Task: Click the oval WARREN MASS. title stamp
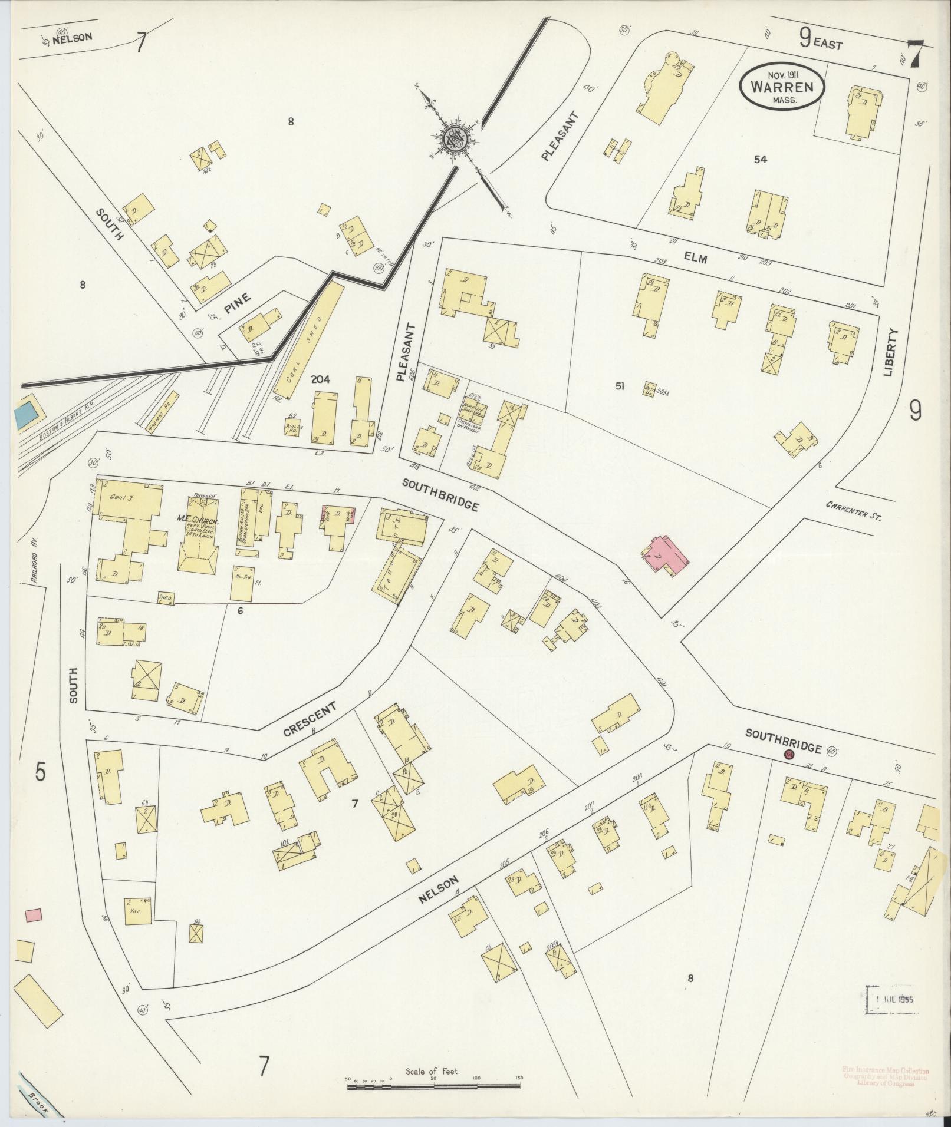[x=782, y=86]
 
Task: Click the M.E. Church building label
[x=199, y=522]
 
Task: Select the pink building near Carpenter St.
[x=666, y=553]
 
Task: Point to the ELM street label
[x=696, y=257]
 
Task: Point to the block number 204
[x=321, y=380]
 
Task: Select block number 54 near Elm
[x=760, y=158]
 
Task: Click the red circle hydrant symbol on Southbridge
[x=789, y=755]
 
